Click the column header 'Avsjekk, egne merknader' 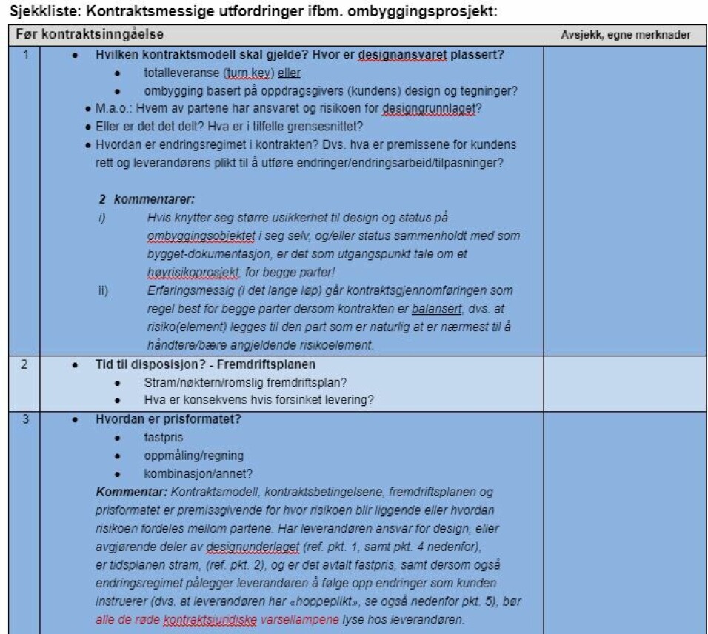(625, 35)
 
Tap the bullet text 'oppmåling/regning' (193, 456)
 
